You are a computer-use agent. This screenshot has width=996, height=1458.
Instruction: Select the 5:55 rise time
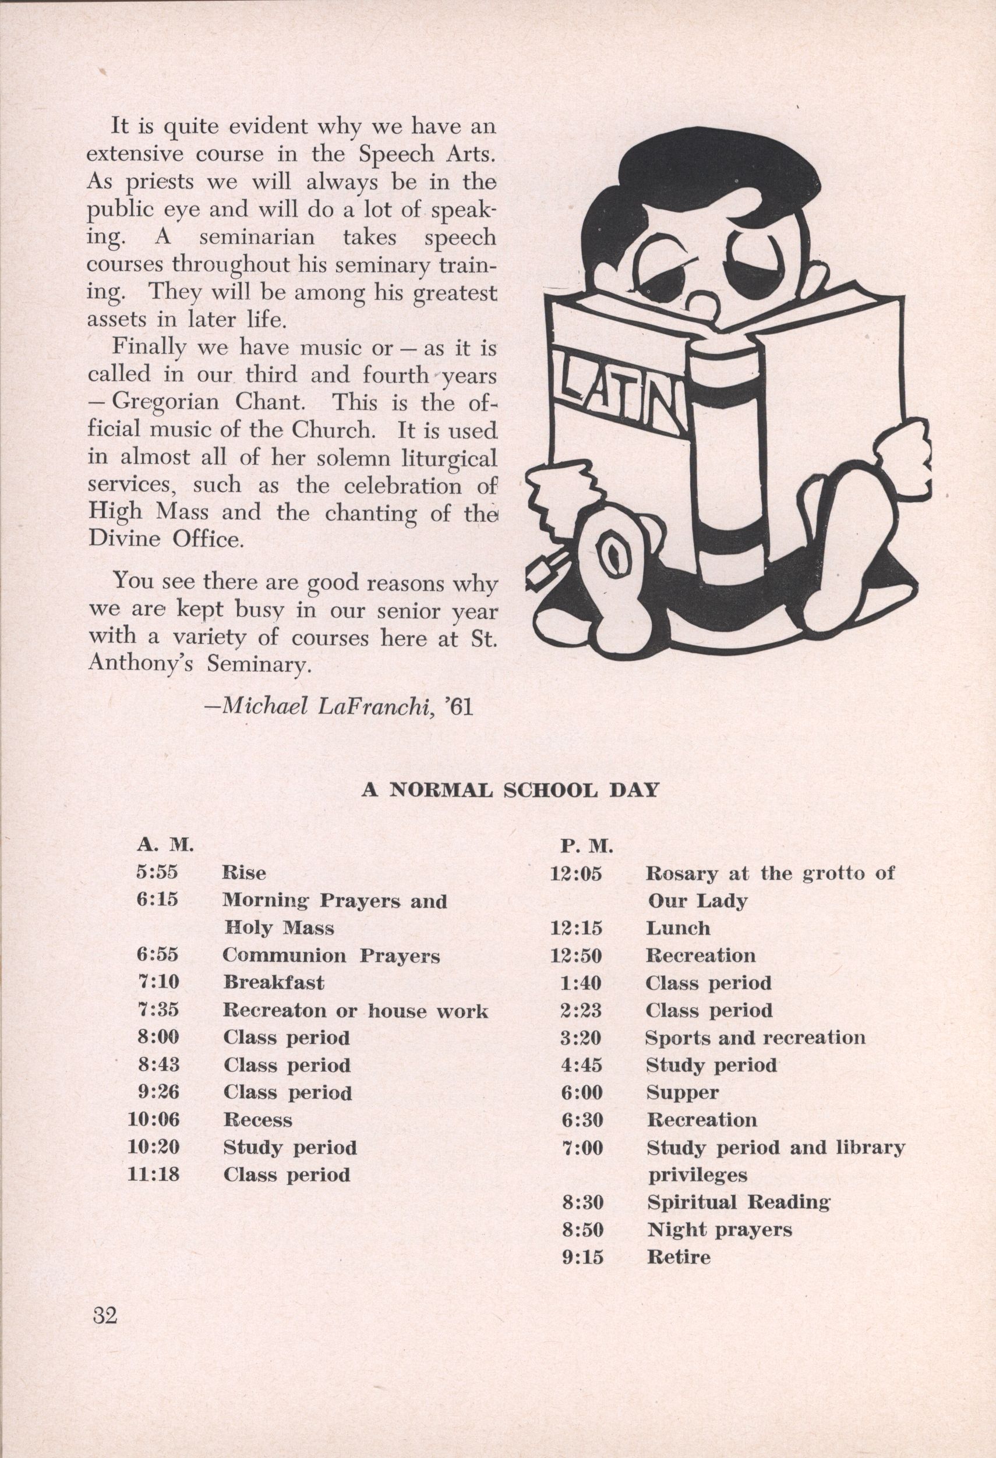157,873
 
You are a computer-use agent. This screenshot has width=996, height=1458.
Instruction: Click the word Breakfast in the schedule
274,982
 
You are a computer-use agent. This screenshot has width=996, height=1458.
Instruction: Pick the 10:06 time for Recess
154,1120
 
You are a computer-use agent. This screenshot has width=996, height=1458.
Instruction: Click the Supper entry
682,1092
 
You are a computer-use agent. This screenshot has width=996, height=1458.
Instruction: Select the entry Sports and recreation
755,1038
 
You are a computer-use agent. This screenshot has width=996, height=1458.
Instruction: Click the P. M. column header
586,848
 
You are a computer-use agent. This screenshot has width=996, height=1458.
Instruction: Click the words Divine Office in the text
164,540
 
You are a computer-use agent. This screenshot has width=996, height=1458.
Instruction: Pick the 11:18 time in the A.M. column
154,1174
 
